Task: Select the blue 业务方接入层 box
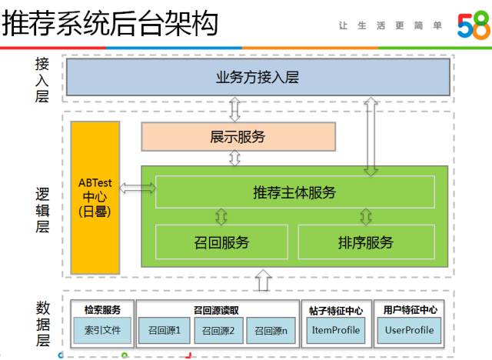click(257, 77)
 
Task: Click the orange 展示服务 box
click(238, 137)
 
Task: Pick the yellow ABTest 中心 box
click(95, 197)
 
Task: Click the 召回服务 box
click(221, 242)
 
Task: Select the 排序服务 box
click(365, 242)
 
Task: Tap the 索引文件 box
click(102, 331)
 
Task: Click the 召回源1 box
click(165, 331)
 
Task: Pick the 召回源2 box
click(219, 331)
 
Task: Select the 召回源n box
click(272, 331)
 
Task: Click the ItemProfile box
click(335, 331)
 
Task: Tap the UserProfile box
click(409, 331)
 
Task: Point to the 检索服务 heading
click(102, 309)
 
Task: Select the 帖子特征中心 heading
click(336, 309)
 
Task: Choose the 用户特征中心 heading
click(410, 309)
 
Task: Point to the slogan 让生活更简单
click(391, 25)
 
